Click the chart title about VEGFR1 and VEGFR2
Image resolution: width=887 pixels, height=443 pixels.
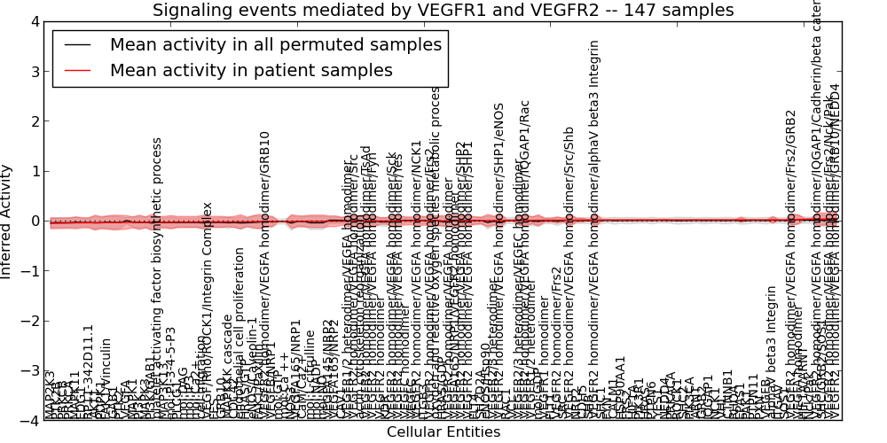pos(443,10)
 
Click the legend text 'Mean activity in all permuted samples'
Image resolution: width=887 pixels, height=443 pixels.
pos(275,44)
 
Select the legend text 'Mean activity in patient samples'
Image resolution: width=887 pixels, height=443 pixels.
pos(251,70)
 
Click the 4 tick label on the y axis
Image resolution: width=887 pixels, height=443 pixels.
pos(32,22)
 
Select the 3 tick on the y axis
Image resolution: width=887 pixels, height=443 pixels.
pos(32,72)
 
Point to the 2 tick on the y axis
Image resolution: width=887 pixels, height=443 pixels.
pos(32,121)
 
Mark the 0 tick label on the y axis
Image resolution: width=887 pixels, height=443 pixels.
pos(32,221)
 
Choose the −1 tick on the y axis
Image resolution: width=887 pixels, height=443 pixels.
pos(28,271)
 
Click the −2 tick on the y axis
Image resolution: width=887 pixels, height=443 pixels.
pos(28,321)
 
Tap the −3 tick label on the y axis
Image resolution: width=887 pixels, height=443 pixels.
pos(28,371)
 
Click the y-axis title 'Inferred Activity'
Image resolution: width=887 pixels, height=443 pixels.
pos(7,221)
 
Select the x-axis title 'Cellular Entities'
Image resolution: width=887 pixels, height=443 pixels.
pos(443,432)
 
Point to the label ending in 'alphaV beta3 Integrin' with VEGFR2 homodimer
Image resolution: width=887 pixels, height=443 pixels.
pos(594,230)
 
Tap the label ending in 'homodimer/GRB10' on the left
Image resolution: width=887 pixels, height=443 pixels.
pos(264,275)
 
